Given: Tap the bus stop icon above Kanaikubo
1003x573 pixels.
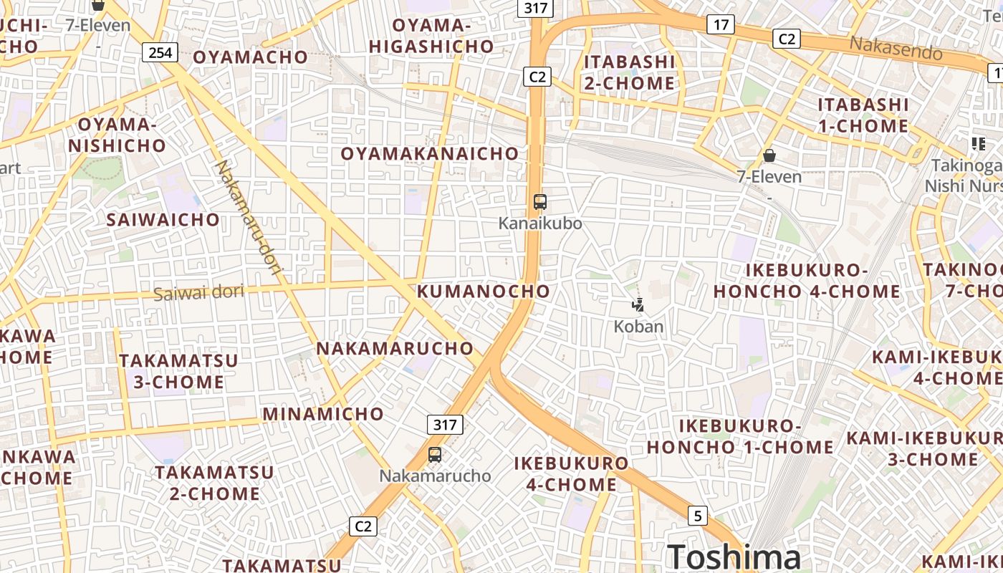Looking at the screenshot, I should pyautogui.click(x=540, y=202).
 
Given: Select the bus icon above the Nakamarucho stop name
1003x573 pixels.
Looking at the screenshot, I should pyautogui.click(x=435, y=454).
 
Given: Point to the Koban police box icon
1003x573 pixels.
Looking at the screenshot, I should pyautogui.click(x=638, y=306).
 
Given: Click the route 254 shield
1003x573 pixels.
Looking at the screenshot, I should pyautogui.click(x=160, y=52).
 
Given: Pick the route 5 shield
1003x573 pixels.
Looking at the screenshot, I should pyautogui.click(x=698, y=515).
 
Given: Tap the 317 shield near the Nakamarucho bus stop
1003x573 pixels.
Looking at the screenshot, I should pyautogui.click(x=445, y=424).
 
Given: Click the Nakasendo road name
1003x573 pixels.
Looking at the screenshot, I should pyautogui.click(x=896, y=49).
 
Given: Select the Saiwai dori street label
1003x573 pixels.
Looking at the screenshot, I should pyautogui.click(x=198, y=292).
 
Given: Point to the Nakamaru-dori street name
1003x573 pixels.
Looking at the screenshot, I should pyautogui.click(x=249, y=221).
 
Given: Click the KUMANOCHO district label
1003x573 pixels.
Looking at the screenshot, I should pyautogui.click(x=484, y=291).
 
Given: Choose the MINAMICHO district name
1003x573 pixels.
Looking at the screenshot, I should pyautogui.click(x=323, y=414).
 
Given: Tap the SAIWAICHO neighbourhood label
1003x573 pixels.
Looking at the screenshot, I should pyautogui.click(x=163, y=219).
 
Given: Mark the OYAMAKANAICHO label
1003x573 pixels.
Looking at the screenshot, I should pyautogui.click(x=429, y=153).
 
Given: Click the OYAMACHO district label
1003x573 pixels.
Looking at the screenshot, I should pyautogui.click(x=251, y=57).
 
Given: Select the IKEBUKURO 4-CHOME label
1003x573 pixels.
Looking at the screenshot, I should pyautogui.click(x=571, y=473).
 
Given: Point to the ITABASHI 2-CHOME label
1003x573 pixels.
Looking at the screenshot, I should pyautogui.click(x=629, y=72).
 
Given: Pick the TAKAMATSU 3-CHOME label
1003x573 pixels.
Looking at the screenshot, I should pyautogui.click(x=178, y=371).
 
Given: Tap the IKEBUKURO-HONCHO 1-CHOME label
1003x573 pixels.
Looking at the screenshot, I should pyautogui.click(x=740, y=436).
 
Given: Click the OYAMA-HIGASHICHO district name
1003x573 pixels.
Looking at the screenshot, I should pyautogui.click(x=431, y=36).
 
